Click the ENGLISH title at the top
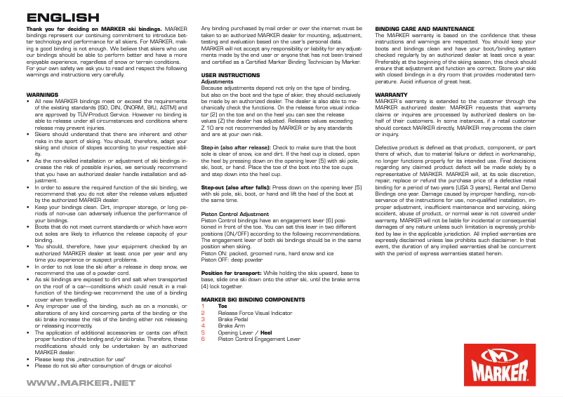62,18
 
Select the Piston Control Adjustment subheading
234,213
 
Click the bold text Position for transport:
230,272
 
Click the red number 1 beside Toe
203,306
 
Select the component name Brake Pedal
233,319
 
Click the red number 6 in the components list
203,338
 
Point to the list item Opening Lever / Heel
245,332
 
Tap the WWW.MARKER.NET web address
81,383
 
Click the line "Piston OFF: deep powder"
231,260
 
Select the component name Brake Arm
231,325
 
